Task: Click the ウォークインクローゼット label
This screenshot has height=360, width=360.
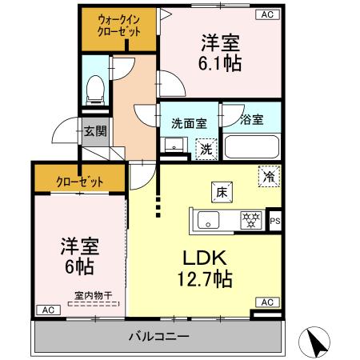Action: [x=119, y=26]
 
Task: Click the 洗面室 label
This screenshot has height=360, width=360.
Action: [x=189, y=123]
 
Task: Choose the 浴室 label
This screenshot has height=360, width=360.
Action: [x=250, y=121]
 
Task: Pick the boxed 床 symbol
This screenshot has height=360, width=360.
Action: [x=220, y=191]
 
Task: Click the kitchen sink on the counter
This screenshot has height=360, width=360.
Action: [x=210, y=219]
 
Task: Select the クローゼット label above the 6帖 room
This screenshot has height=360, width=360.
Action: [x=79, y=181]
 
